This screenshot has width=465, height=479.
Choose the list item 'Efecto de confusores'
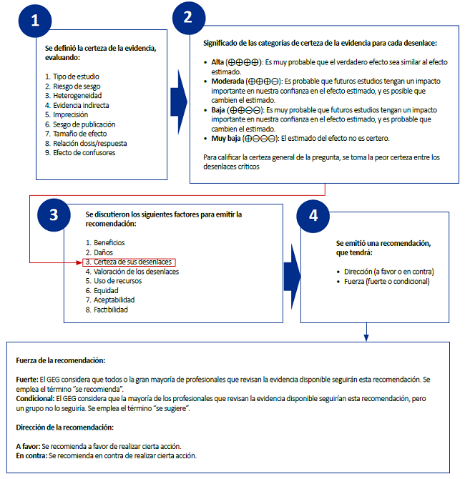click(80, 152)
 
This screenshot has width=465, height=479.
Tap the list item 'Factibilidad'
click(112, 310)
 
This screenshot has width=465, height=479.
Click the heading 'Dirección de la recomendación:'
click(64, 427)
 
